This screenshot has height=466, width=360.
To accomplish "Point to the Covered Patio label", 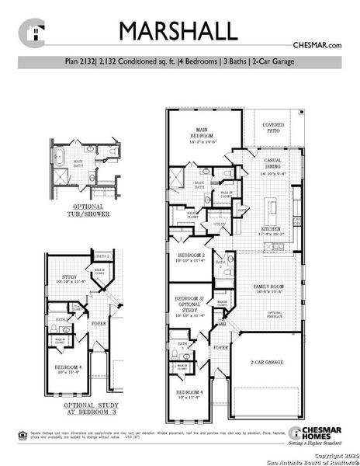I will tap(273, 127).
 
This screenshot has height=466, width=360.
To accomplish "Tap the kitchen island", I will tap(272, 208).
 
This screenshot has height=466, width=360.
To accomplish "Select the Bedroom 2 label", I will tap(191, 258).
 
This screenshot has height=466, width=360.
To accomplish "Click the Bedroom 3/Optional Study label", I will tap(190, 306).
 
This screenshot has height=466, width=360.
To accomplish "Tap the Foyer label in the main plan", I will tap(221, 348).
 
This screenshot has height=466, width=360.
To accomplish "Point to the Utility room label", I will tap(220, 224).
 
